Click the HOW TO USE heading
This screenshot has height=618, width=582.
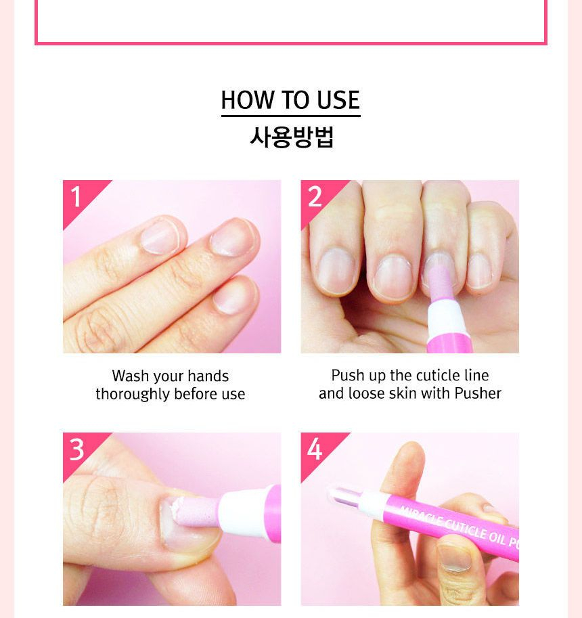[290, 100]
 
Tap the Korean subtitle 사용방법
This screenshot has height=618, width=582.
[291, 137]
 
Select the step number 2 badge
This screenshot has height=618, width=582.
[315, 196]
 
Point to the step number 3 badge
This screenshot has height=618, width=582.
[76, 449]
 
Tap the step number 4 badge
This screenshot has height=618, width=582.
[315, 449]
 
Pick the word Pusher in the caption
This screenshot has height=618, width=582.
[478, 393]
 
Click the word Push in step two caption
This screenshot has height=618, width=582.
[346, 376]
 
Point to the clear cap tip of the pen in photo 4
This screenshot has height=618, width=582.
[342, 496]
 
